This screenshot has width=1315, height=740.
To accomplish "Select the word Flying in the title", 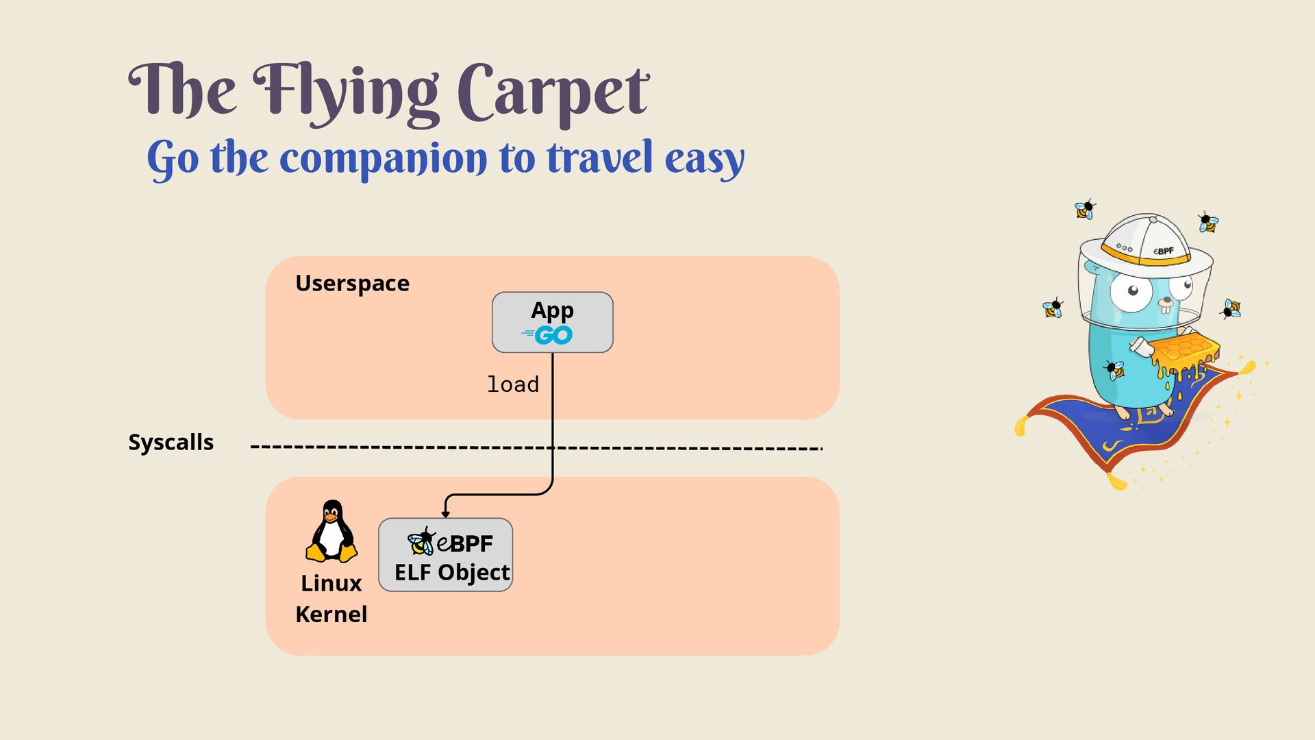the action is coord(346,93).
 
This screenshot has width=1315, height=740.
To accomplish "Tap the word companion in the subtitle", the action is coord(384,159).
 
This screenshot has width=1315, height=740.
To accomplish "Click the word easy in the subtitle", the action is coord(704,159).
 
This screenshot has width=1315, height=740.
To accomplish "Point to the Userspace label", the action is coord(352,283).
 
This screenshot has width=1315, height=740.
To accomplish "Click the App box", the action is coord(552,322).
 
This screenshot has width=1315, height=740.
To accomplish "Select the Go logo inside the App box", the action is coord(548,335).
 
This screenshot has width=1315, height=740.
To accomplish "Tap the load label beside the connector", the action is coord(512,384).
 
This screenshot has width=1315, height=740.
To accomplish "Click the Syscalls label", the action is coord(171,442).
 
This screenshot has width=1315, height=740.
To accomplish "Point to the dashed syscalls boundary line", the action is coord(411,448).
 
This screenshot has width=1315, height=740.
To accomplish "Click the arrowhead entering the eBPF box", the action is coord(445,513).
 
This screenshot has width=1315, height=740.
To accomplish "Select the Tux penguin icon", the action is coord(331,531).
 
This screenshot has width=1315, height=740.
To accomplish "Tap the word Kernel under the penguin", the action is coord(331,614).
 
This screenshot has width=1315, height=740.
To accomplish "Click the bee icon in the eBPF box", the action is coord(421,542).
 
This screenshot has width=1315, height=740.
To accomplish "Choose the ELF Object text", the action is coord(452,572).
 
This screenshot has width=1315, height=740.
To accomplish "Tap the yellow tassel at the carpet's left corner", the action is coord(1020,427).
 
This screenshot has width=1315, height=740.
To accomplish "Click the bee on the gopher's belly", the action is coord(1116,370).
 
